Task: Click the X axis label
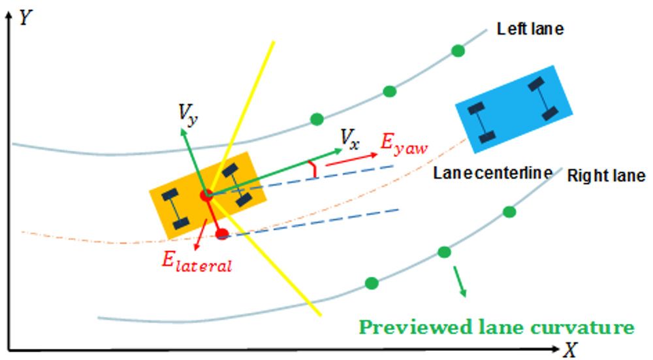click(x=571, y=350)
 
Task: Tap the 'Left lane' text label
click(x=530, y=29)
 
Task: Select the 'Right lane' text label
click(x=606, y=176)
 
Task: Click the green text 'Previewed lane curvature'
click(x=497, y=327)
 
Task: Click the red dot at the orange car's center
click(x=206, y=195)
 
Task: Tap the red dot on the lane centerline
click(x=222, y=233)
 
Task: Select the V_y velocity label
click(x=189, y=116)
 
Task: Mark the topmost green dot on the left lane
click(x=458, y=50)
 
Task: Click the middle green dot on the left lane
click(x=390, y=91)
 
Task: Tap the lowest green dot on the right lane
click(x=372, y=283)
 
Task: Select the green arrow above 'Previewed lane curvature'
click(x=460, y=281)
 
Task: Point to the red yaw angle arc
click(x=315, y=169)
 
